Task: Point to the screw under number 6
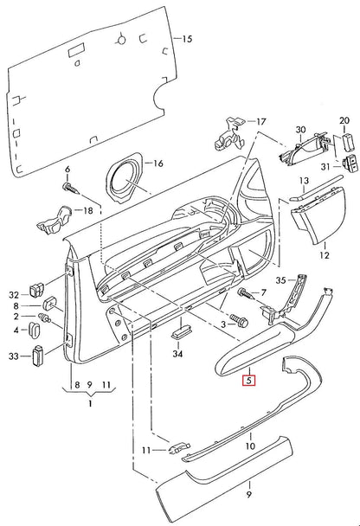click(70, 185)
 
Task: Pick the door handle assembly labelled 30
click(299, 154)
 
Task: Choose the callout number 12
click(325, 256)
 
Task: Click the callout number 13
click(303, 181)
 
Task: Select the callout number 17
click(262, 122)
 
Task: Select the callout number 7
click(264, 295)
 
